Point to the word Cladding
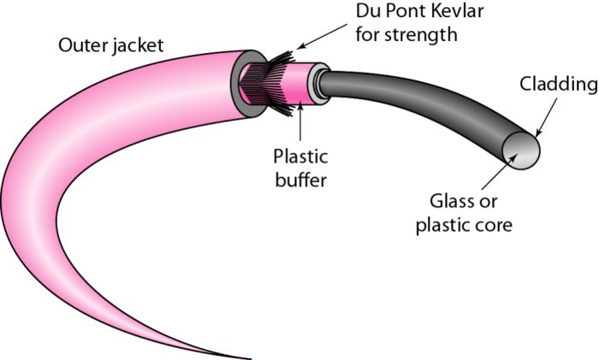point(557,85)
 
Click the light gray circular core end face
point(522,152)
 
